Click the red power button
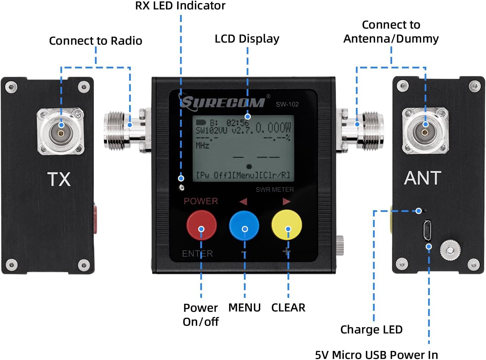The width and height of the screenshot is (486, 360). pyautogui.click(x=201, y=225)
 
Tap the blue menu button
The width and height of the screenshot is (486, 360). pyautogui.click(x=244, y=225)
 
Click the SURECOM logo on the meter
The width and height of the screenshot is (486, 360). pyautogui.click(x=223, y=102)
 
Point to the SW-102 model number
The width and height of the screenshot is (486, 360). pyautogui.click(x=287, y=104)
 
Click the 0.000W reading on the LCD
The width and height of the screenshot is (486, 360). pyautogui.click(x=273, y=128)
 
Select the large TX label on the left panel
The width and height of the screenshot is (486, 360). pyautogui.click(x=59, y=179)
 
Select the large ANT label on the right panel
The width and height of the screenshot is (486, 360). pyautogui.click(x=423, y=178)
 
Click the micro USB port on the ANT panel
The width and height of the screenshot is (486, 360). pyautogui.click(x=427, y=230)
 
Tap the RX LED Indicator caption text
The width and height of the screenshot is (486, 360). pyautogui.click(x=180, y=6)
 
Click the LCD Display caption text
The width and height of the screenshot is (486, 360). pyautogui.click(x=247, y=39)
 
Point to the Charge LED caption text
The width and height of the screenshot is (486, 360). pyautogui.click(x=371, y=329)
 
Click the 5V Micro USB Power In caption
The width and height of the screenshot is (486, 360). pyautogui.click(x=376, y=354)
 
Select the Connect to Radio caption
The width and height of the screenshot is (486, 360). pyautogui.click(x=96, y=41)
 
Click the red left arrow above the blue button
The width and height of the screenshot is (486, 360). pyautogui.click(x=243, y=201)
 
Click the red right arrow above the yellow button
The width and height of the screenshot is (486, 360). pyautogui.click(x=286, y=201)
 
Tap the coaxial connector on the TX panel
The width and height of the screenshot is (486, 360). pyautogui.click(x=61, y=132)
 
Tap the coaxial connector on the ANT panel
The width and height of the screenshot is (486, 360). pyautogui.click(x=425, y=131)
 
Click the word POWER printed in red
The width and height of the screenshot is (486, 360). pyautogui.click(x=201, y=201)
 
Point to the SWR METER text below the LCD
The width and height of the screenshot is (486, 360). pyautogui.click(x=275, y=190)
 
